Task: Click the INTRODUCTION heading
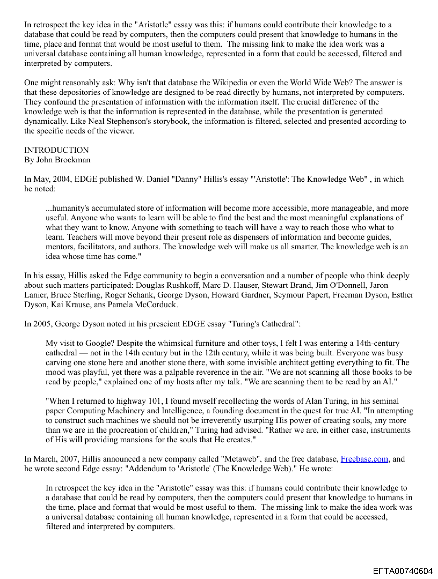click(56, 150)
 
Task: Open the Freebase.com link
click(364, 459)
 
